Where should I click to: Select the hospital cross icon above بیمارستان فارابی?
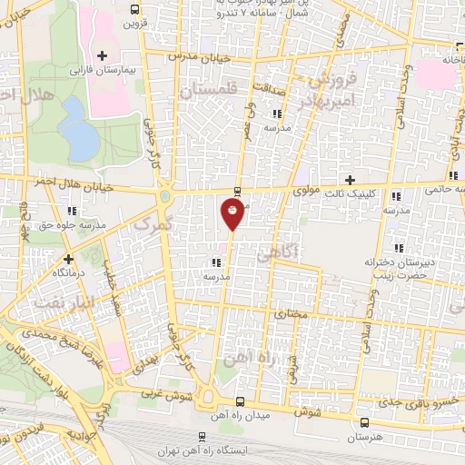pos(103,56)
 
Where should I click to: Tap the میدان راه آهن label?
pos(240,416)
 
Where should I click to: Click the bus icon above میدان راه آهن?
pos(240,402)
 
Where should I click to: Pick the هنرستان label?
pos(364,438)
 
